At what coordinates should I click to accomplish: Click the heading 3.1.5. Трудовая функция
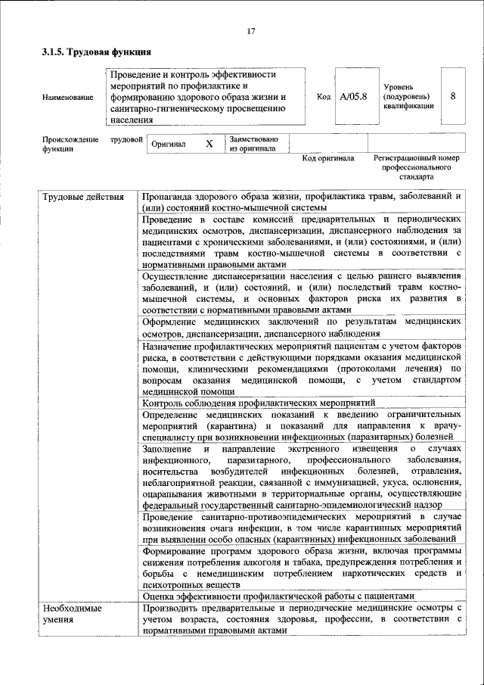coord(96,53)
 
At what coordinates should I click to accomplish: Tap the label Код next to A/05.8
coord(324,97)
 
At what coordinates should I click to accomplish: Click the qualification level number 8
coord(452,97)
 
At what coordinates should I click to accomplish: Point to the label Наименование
coord(68,98)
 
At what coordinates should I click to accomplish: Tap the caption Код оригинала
coord(328,159)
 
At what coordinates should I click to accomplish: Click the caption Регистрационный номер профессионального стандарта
coord(417,167)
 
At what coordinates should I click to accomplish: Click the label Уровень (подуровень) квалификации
coord(408,98)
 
